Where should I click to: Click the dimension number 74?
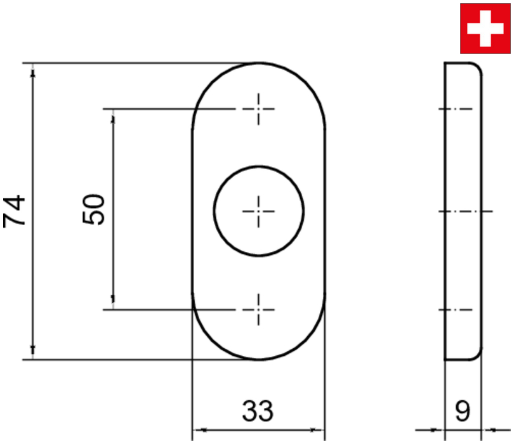pos(14,211)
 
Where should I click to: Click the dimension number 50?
pos(93,209)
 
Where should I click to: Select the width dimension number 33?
pos(258,410)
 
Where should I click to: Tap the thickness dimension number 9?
pos(463,410)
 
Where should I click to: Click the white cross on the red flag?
pos(485,29)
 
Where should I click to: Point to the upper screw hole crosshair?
pos(259,109)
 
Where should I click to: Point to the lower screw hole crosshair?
pos(259,310)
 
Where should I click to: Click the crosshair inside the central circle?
pos(259,211)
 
